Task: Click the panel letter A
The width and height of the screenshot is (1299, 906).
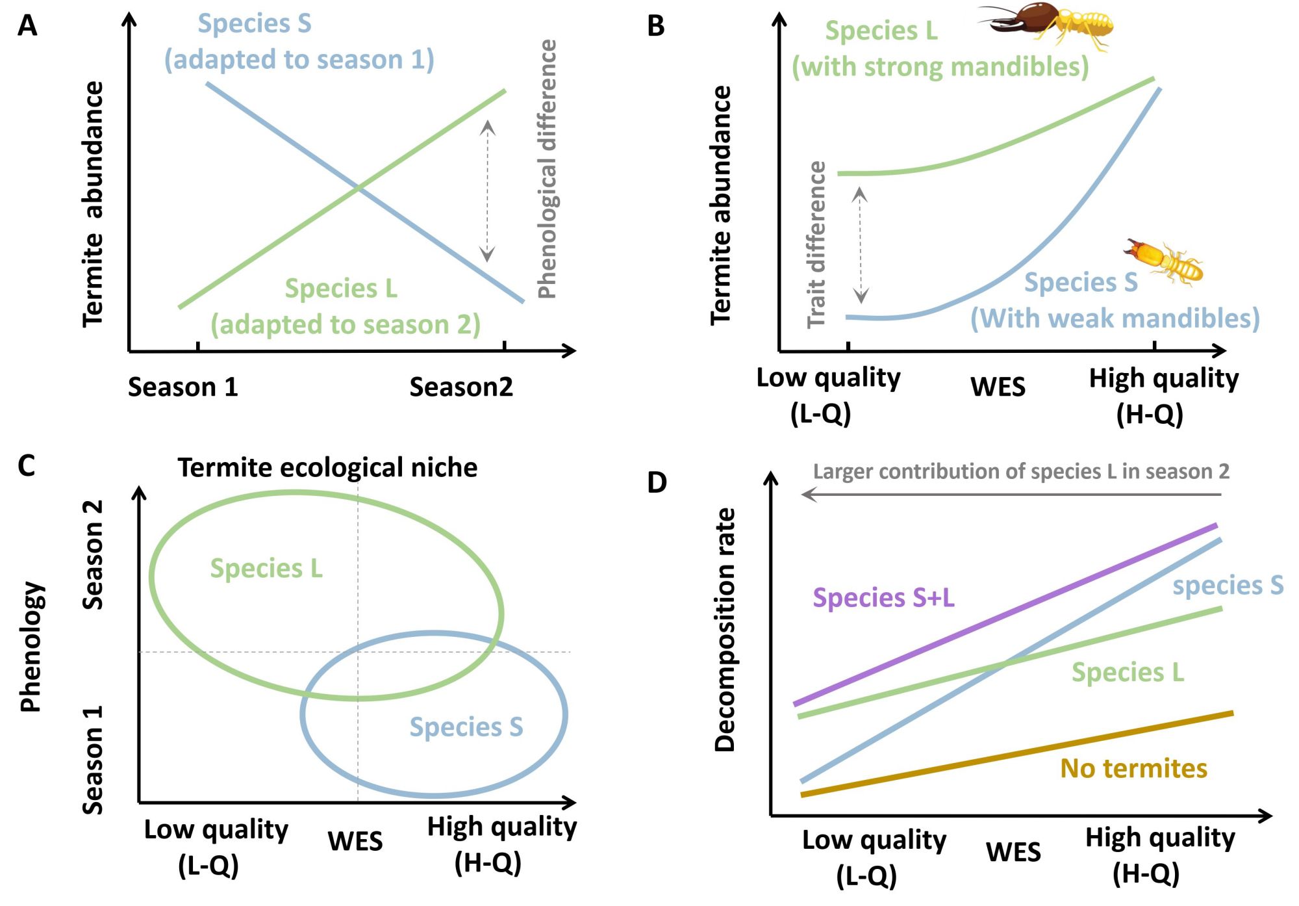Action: pyautogui.click(x=27, y=26)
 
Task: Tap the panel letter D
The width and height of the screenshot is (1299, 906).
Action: pyautogui.click(x=657, y=483)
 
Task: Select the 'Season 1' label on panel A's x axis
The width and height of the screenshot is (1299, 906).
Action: pyautogui.click(x=183, y=387)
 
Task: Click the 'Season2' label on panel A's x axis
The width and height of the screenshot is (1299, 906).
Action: pyautogui.click(x=460, y=387)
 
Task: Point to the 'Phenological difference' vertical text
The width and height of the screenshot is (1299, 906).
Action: pyautogui.click(x=548, y=169)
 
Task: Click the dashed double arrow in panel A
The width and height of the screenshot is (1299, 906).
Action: pyautogui.click(x=488, y=191)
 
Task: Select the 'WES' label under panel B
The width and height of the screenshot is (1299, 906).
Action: pyautogui.click(x=998, y=387)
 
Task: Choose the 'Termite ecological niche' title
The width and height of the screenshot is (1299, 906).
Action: pyautogui.click(x=327, y=468)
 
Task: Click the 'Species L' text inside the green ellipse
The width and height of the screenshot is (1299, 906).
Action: pyautogui.click(x=266, y=569)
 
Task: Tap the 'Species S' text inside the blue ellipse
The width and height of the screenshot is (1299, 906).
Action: pyautogui.click(x=466, y=727)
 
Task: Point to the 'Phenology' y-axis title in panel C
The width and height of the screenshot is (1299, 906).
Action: pyautogui.click(x=31, y=647)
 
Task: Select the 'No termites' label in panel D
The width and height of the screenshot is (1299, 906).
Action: pyautogui.click(x=1133, y=769)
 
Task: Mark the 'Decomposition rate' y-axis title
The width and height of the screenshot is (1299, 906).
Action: pyautogui.click(x=725, y=630)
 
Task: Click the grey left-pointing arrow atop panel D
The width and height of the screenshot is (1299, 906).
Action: pyautogui.click(x=1011, y=495)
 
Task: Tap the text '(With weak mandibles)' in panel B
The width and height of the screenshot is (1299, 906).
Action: pyautogui.click(x=1115, y=318)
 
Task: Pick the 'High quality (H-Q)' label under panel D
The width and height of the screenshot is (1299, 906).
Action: pyautogui.click(x=1159, y=855)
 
